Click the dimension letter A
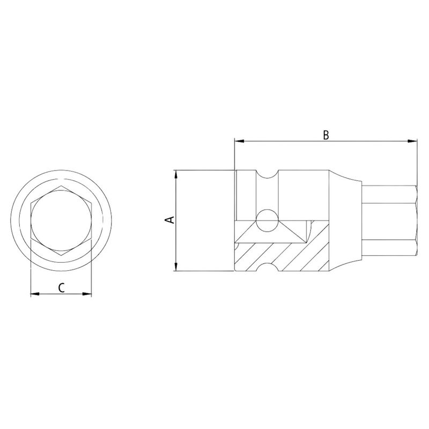(x=169, y=220)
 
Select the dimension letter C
(x=62, y=287)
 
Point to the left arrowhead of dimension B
(x=239, y=142)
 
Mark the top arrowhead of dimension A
(x=176, y=174)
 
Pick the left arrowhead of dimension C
(x=35, y=294)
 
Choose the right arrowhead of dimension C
(x=87, y=294)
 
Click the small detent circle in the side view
(x=267, y=220)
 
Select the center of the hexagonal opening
(x=61, y=220)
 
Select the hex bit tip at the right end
(x=389, y=220)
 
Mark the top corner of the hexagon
(x=61, y=186)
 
